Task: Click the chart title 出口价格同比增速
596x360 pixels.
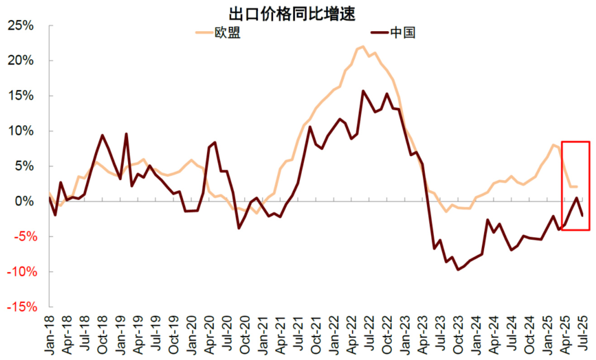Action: coord(292,14)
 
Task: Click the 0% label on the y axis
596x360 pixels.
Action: coord(27,201)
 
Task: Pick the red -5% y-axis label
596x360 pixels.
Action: coord(23,236)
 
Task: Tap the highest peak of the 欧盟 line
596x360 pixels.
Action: coord(363,46)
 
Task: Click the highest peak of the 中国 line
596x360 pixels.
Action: coord(363,91)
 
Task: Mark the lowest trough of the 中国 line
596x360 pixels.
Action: coord(458,269)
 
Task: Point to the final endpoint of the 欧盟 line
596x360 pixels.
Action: coord(576,187)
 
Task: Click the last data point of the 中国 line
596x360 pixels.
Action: coord(582,215)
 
